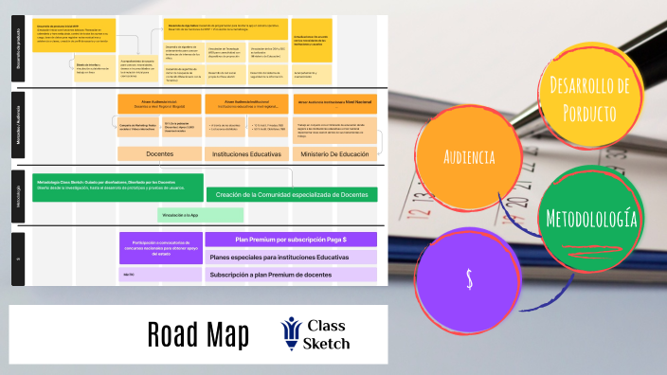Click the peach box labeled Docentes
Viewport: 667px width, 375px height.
click(172, 153)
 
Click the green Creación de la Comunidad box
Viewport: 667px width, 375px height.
click(291, 194)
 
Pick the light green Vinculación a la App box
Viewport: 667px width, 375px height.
click(188, 216)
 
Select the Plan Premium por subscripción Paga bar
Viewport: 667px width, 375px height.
click(291, 240)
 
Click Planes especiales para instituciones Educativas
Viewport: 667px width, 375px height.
click(291, 257)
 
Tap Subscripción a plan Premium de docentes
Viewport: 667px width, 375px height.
click(291, 275)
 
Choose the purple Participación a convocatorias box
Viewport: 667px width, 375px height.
click(158, 247)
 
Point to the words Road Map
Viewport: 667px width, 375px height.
click(198, 334)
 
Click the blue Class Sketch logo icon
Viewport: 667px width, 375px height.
click(289, 334)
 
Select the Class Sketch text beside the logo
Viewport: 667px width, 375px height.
click(329, 334)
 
